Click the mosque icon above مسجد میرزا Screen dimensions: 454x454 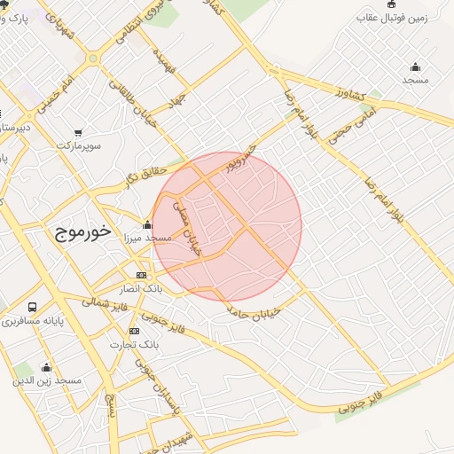(147, 224)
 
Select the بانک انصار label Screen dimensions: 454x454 (142, 289)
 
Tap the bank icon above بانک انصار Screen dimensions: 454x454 (142, 276)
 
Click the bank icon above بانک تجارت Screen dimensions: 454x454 (135, 331)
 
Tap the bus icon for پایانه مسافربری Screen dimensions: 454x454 (33, 307)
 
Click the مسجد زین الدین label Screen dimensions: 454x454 (47, 380)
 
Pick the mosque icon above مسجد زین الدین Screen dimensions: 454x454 (46, 366)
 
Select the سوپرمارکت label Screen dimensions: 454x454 (80, 144)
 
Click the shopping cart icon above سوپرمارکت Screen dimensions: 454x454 (80, 131)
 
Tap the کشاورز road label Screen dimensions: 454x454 (353, 91)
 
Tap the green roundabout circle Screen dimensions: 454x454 (93, 59)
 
